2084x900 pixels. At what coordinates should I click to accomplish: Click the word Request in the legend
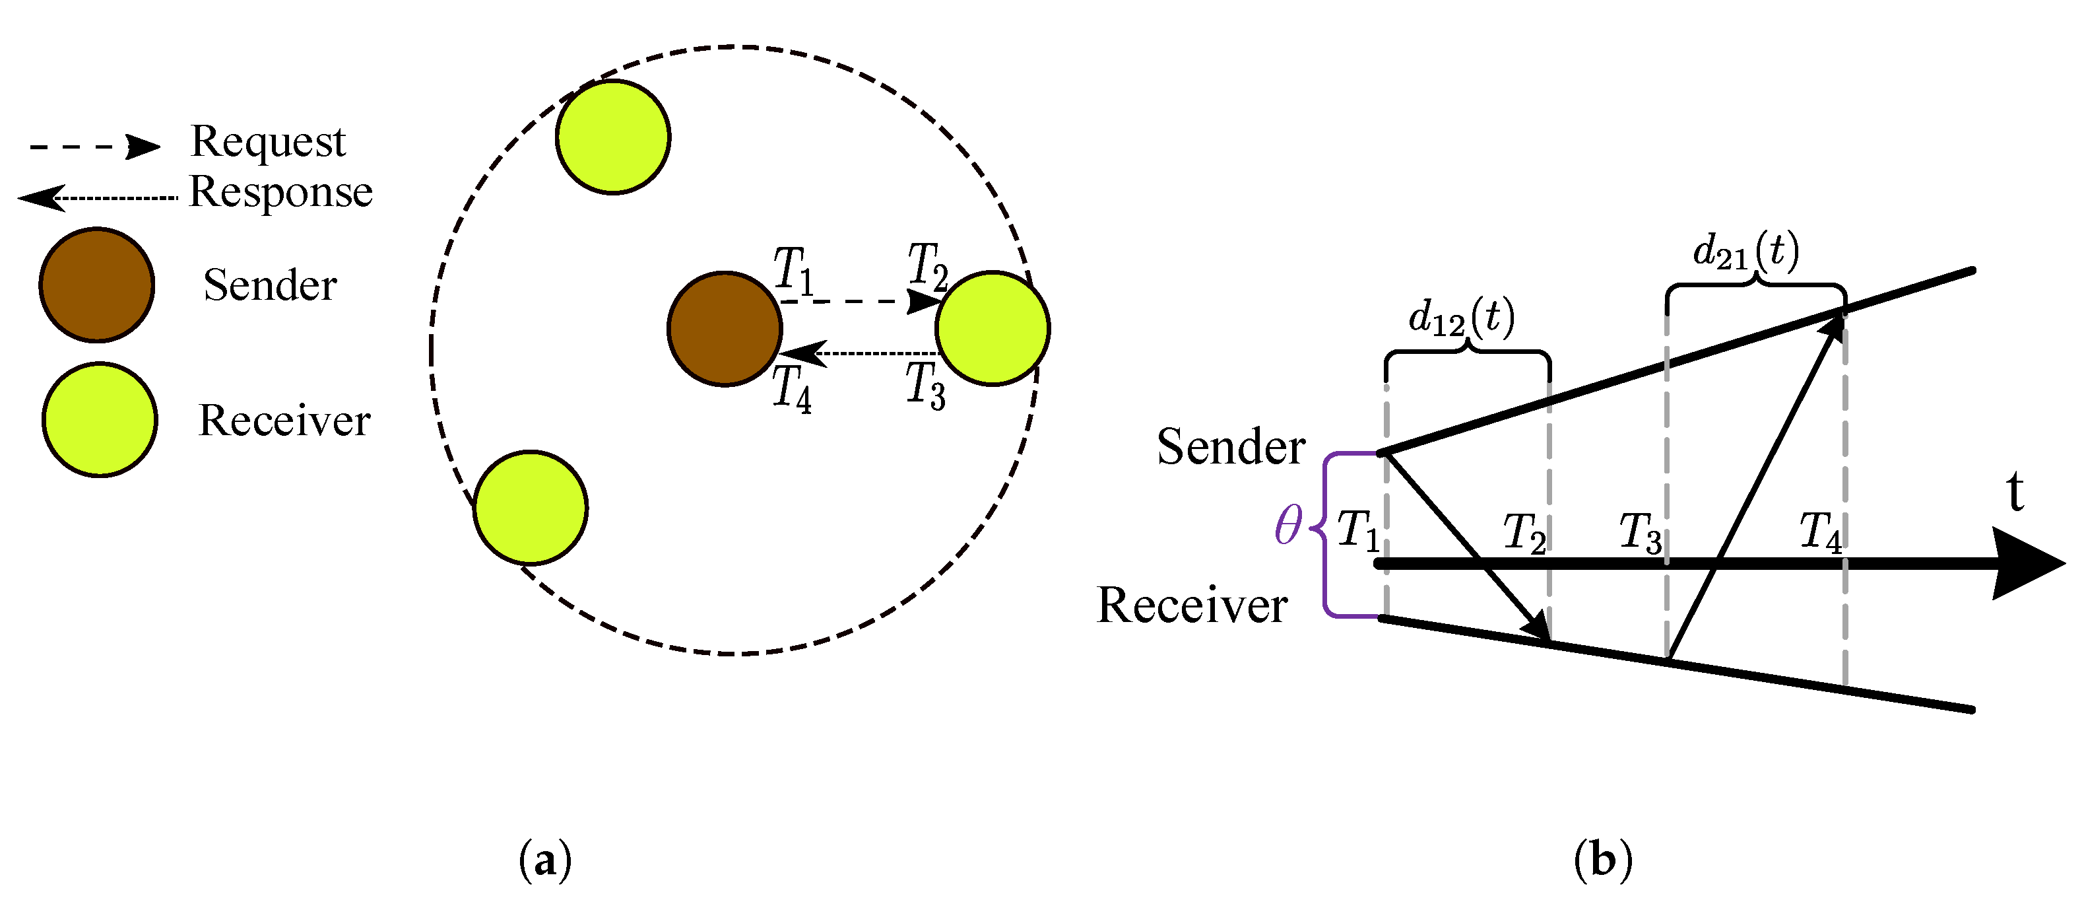268,143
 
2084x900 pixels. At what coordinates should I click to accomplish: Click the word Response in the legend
280,193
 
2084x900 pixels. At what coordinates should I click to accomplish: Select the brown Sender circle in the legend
97,285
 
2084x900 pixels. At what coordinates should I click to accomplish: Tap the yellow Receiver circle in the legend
100,419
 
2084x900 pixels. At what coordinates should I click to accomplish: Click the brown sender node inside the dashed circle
725,329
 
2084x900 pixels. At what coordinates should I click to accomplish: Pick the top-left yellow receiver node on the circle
613,137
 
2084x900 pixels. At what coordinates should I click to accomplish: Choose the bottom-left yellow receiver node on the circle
531,508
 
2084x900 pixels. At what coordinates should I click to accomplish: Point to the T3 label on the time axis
1641,534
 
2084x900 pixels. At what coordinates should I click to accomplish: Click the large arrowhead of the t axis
2027,563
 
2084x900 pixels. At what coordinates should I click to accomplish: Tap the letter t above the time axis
2015,492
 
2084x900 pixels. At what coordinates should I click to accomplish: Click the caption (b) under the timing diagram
1603,860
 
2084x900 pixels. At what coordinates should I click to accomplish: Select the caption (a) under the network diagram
545,860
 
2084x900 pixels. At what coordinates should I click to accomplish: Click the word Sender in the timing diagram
1231,447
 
